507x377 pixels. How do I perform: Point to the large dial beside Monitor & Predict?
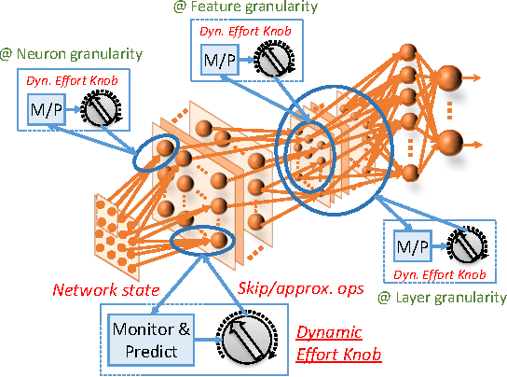point(247,337)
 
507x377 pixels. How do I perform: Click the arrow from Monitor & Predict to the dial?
point(199,338)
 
